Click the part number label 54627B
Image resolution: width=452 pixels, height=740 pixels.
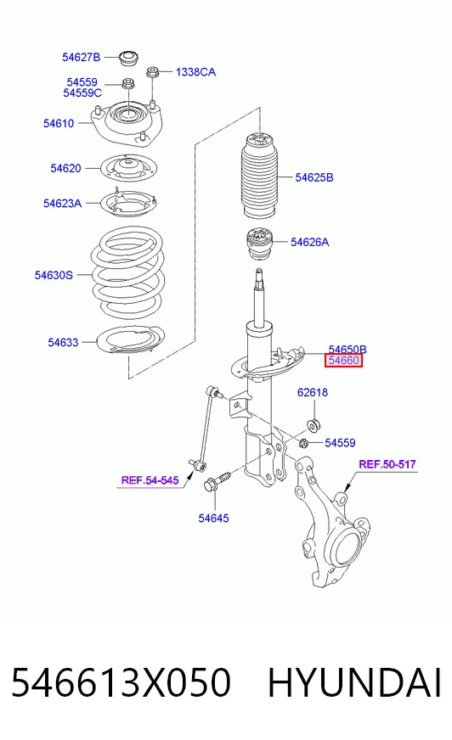click(x=82, y=57)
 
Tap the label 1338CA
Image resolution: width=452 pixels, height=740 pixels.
click(x=195, y=72)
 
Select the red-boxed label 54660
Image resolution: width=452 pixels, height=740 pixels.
click(x=344, y=361)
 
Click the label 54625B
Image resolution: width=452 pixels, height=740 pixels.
click(x=314, y=177)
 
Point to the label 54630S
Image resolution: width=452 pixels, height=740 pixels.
click(x=54, y=275)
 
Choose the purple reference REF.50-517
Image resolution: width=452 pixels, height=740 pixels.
click(x=387, y=464)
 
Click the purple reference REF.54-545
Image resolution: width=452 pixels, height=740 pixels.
click(x=150, y=480)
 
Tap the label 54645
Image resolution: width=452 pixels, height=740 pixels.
click(x=213, y=519)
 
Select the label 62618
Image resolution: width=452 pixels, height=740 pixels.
click(x=312, y=393)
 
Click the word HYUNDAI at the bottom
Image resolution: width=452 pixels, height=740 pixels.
click(x=354, y=682)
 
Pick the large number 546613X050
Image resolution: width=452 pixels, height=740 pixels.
click(x=121, y=682)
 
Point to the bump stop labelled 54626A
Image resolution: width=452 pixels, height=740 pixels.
click(x=261, y=245)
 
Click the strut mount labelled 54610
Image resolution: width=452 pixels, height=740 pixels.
click(x=127, y=125)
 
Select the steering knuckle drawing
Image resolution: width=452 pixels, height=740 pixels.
click(x=331, y=522)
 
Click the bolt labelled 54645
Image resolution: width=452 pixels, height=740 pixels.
click(x=217, y=480)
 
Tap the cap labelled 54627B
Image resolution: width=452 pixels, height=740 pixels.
click(x=128, y=58)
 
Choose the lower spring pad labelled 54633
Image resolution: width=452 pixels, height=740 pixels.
click(x=130, y=339)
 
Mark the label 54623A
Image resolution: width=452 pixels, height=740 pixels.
click(x=62, y=204)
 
